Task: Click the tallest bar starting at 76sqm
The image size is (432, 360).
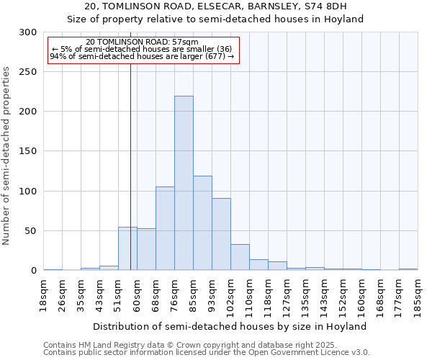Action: [x=184, y=183]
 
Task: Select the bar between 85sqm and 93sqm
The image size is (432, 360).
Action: [x=202, y=222]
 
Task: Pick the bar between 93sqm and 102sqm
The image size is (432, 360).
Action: [x=221, y=234]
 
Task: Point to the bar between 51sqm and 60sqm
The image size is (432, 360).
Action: [x=127, y=248]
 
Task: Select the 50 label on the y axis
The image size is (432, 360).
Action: [x=31, y=231]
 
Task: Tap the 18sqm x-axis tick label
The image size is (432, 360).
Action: [x=44, y=294]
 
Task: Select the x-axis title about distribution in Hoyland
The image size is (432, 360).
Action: [x=230, y=326]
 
